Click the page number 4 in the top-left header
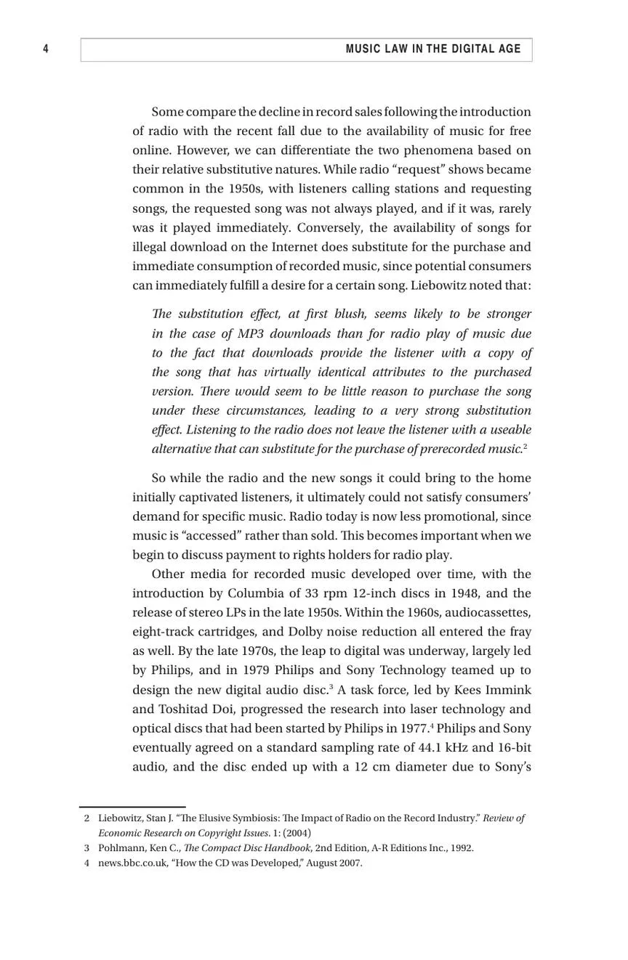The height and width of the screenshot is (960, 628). [46, 49]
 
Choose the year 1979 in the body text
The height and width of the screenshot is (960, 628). [255, 670]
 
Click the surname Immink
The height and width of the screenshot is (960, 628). [508, 690]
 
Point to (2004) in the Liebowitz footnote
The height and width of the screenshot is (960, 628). [297, 833]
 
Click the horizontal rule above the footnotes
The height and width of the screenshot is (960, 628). [132, 807]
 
